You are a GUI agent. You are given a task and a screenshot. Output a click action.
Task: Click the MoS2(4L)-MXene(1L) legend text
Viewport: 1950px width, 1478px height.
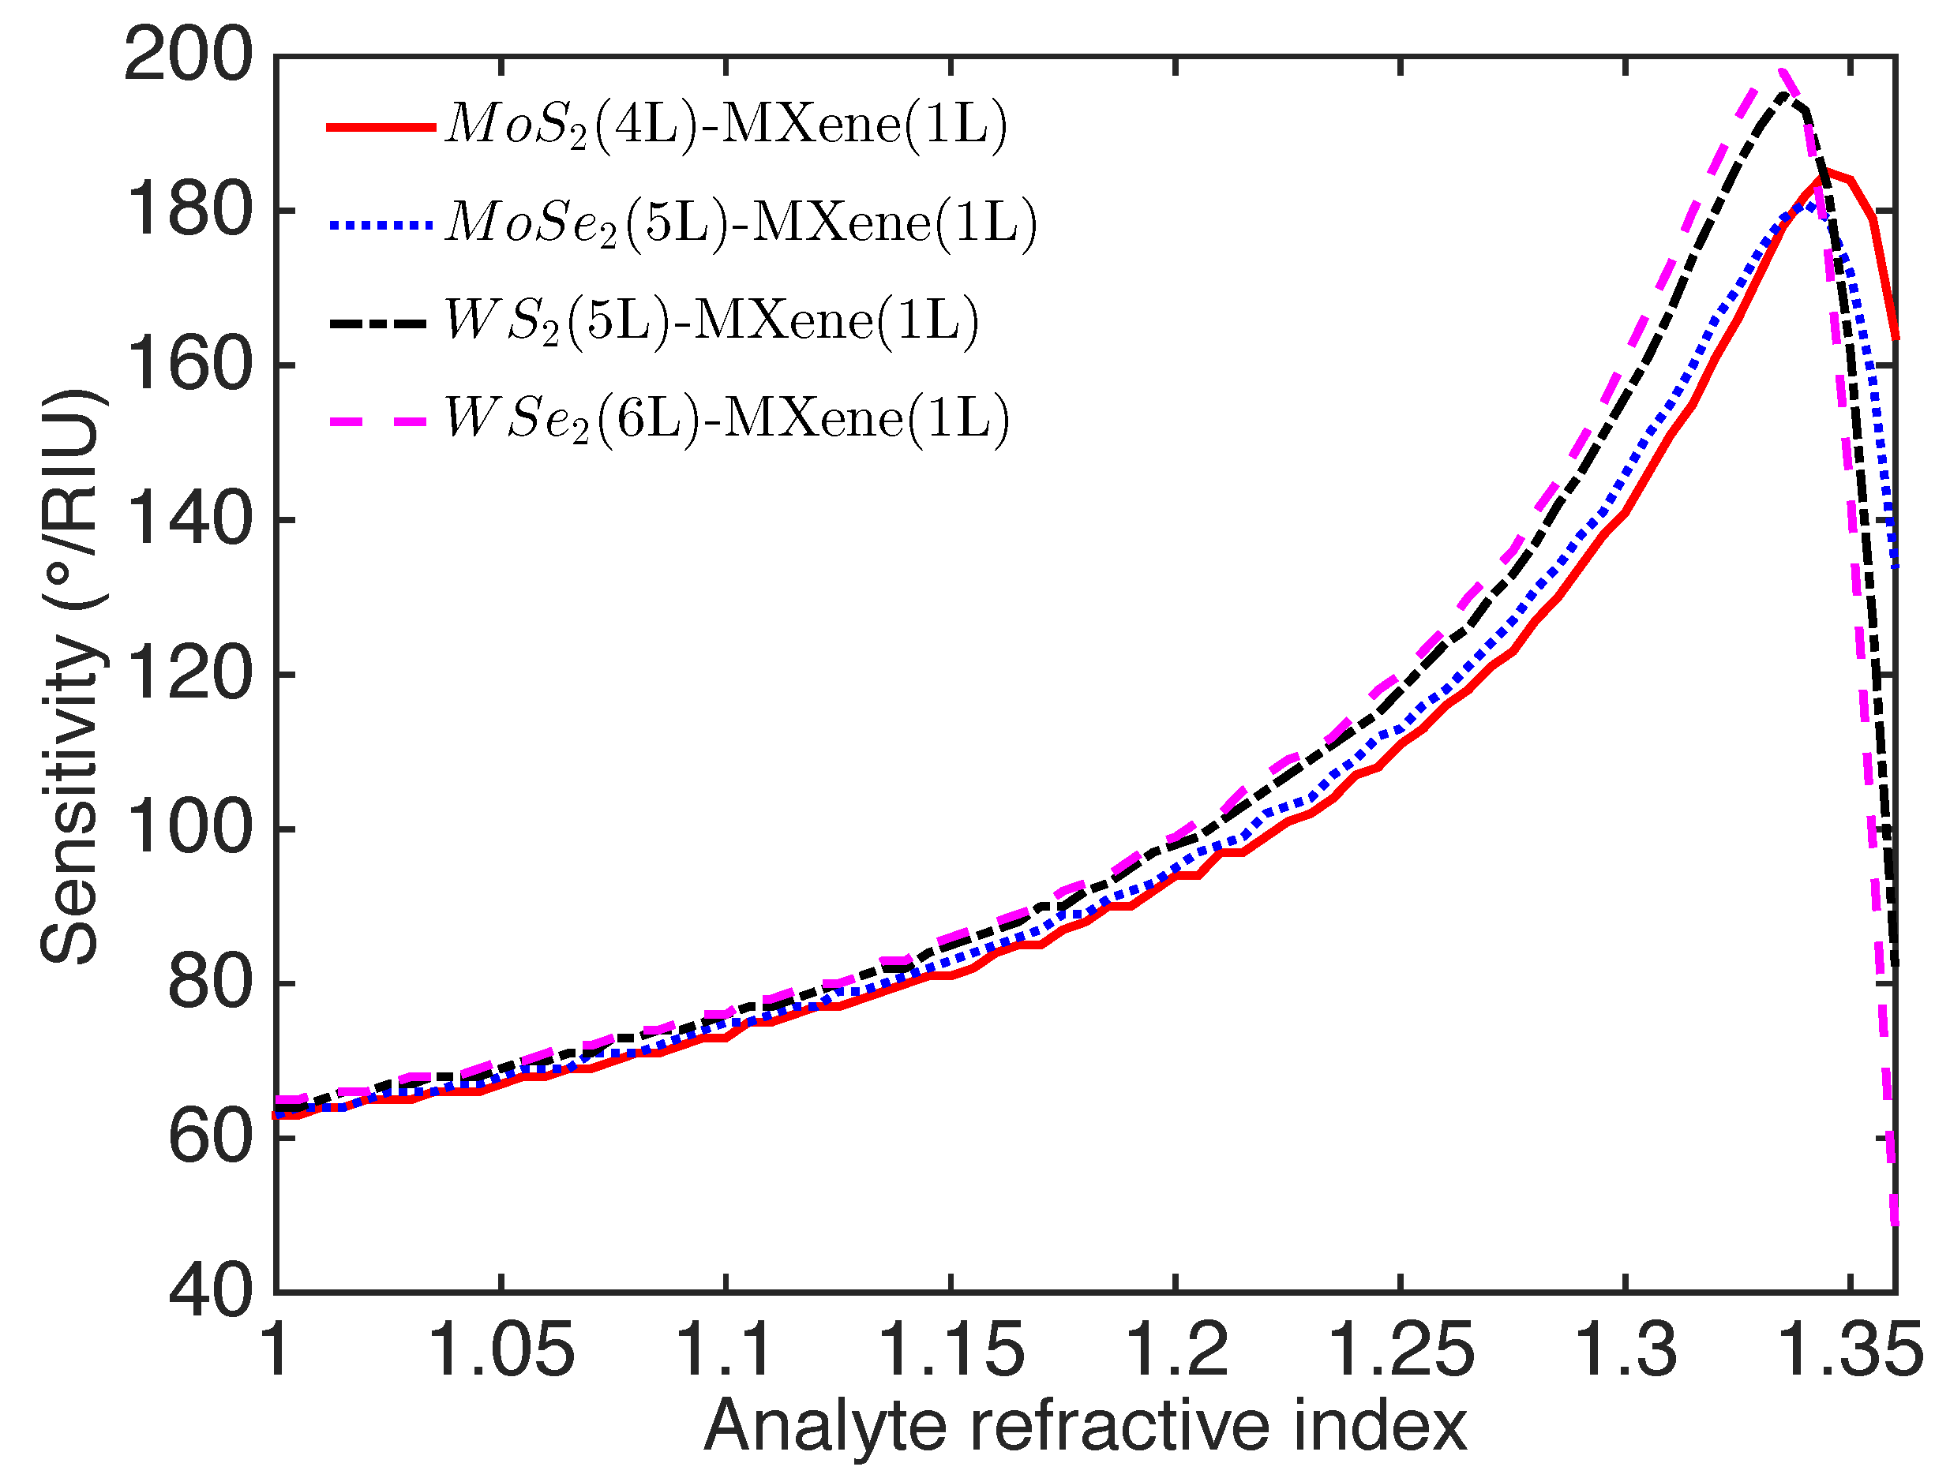[725, 125]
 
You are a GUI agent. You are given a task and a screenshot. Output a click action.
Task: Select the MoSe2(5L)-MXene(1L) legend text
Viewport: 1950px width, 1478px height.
[741, 224]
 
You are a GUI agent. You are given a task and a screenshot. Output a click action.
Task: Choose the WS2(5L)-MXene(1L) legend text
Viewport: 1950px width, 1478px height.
[711, 321]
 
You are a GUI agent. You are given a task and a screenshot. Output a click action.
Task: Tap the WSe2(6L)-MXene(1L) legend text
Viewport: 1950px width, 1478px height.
[726, 419]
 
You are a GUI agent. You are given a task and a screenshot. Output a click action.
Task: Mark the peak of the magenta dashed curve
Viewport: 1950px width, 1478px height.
[1782, 73]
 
